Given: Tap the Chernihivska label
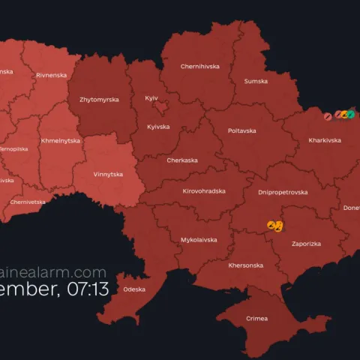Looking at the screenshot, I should click(x=200, y=66).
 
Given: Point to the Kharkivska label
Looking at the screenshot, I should click(x=323, y=140).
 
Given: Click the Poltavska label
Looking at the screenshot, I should click(x=241, y=130).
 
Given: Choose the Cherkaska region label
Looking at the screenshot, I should click(x=182, y=160).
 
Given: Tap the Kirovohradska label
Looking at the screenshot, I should click(x=204, y=191).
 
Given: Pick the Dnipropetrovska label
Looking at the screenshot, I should click(x=283, y=192).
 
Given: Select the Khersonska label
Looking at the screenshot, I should click(x=245, y=265).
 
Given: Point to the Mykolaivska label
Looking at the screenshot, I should click(x=199, y=239).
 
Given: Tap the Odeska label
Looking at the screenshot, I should click(x=134, y=289).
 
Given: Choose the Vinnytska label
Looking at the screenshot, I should click(x=108, y=174).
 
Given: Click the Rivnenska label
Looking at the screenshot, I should click(x=52, y=75).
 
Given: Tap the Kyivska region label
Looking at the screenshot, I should click(x=160, y=127).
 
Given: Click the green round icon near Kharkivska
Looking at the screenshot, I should click(x=350, y=115).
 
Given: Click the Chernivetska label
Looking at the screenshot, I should click(x=28, y=202).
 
